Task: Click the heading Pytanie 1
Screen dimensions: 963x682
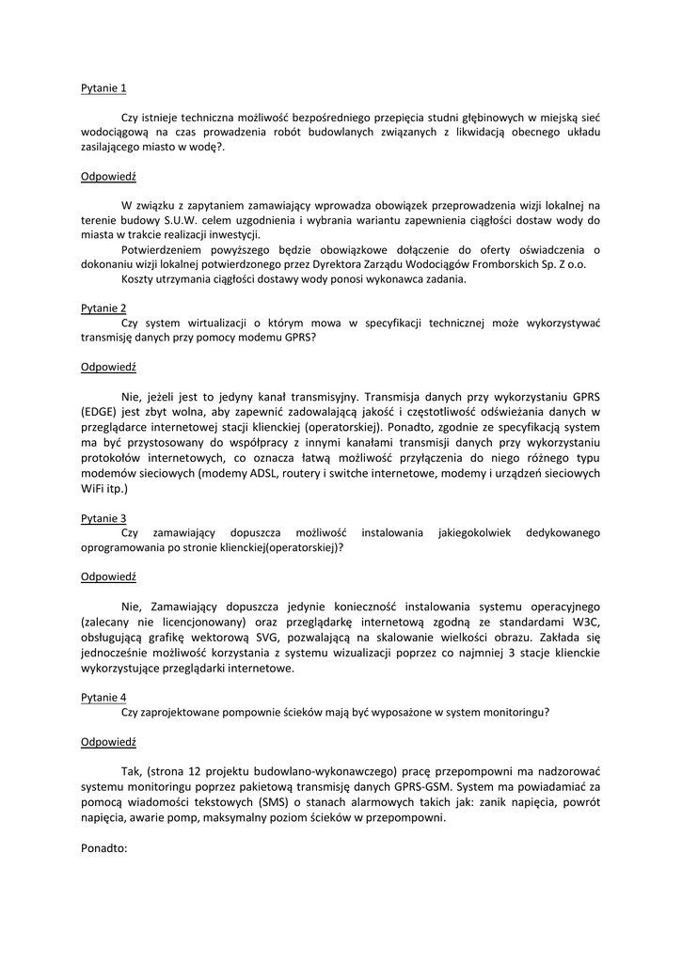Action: tap(103, 88)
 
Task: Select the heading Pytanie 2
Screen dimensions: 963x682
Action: tap(103, 308)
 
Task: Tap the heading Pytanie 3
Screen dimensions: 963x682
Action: tap(103, 518)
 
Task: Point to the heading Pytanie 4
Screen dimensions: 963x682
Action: tap(103, 697)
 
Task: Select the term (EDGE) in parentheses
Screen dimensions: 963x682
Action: tap(102, 412)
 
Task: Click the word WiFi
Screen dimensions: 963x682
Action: tap(94, 489)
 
